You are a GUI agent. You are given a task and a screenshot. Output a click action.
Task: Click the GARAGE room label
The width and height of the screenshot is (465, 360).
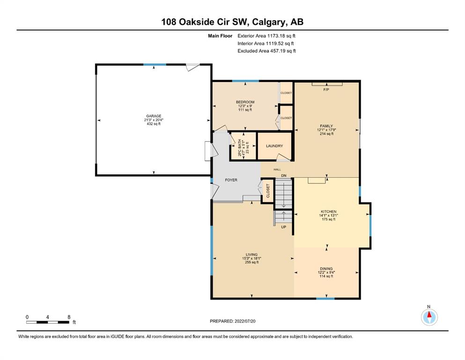[154, 116]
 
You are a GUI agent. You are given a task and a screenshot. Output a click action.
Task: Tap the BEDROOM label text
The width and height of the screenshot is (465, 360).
[245, 102]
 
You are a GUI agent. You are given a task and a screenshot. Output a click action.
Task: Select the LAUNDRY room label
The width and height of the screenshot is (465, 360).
[274, 146]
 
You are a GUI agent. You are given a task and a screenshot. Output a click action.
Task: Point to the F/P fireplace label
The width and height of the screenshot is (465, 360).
[326, 90]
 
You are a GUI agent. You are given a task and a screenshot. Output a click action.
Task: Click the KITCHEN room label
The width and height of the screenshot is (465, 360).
[329, 211]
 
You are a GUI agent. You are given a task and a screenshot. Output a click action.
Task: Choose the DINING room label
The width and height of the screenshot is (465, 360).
[326, 269]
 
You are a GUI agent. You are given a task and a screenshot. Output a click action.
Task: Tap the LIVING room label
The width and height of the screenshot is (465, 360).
[251, 255]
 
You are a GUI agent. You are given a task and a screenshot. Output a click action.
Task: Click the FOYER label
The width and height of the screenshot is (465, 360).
[231, 180]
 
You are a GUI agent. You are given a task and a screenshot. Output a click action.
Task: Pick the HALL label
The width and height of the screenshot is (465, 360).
[277, 170]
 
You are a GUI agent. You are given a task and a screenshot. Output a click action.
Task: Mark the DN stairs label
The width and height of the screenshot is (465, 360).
[284, 176]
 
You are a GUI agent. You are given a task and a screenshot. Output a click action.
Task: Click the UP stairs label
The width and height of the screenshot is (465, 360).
[283, 227]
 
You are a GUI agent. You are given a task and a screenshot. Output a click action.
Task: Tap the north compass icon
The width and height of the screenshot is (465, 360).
[429, 317]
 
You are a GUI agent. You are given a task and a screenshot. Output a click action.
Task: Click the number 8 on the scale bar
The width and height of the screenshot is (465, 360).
[69, 317]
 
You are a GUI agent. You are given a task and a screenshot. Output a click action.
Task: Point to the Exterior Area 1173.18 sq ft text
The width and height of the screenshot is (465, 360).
[266, 36]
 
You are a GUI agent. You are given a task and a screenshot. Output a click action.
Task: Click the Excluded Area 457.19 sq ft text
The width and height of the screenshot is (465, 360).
[266, 51]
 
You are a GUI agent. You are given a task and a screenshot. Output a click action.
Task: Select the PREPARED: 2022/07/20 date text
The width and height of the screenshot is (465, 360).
[232, 321]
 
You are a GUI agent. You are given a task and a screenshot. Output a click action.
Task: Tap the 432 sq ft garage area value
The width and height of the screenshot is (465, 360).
[154, 124]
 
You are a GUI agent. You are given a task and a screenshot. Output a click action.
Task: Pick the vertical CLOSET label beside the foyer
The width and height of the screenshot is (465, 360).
[268, 191]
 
